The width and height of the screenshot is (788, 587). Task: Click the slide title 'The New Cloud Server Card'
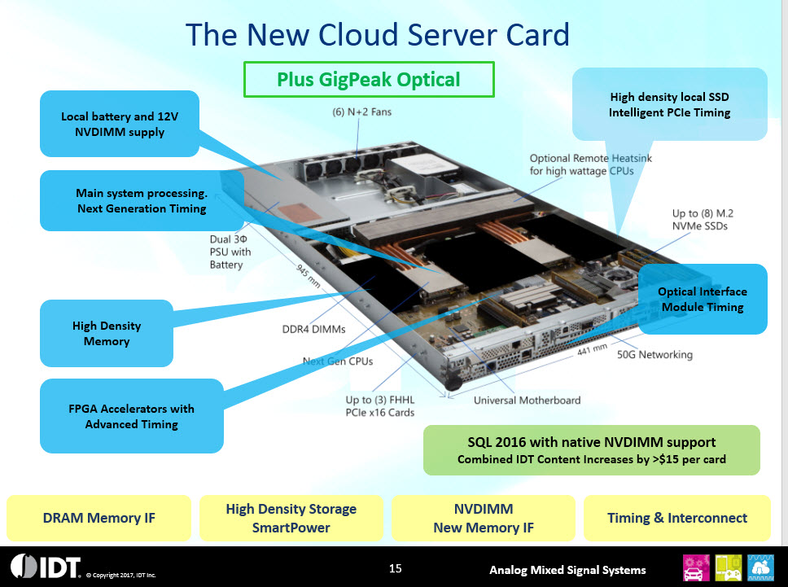coord(377,35)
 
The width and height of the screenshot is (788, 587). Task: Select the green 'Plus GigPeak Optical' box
coord(369,80)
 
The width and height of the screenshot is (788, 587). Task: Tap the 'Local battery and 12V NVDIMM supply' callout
coord(119,125)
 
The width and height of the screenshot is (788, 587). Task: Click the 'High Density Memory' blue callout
coord(106,333)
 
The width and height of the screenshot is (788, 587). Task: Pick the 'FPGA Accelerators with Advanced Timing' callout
coord(131,416)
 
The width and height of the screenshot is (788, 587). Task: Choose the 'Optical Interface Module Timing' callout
coord(702,300)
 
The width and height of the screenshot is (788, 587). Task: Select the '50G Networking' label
coord(654,355)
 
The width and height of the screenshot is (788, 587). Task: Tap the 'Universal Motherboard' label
coord(527,400)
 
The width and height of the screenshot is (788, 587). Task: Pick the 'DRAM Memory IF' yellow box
coord(98,518)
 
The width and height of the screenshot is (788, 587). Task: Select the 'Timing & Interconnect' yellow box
coord(677,518)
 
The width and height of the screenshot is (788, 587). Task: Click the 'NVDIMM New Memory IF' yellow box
coord(484,518)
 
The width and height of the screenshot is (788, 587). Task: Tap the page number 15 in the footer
coord(396,567)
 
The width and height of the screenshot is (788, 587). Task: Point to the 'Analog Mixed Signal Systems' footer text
coord(567,570)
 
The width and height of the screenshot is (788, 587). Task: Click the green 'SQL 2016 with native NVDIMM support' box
coord(591,450)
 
